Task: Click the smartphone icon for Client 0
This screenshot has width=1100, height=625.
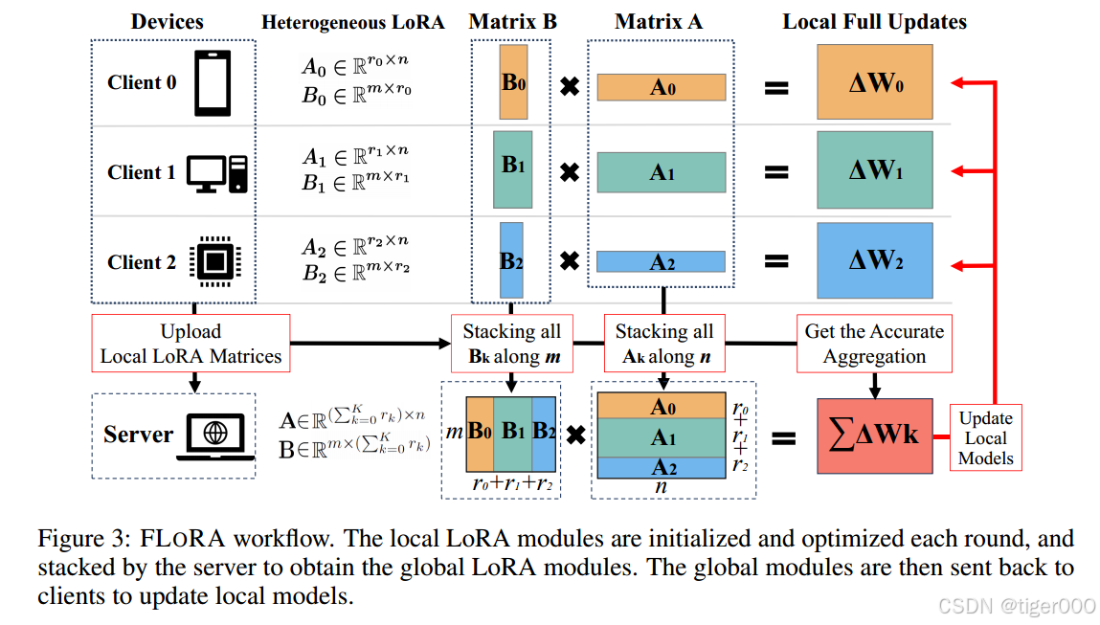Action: [213, 83]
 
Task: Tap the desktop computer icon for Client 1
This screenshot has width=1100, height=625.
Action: [216, 173]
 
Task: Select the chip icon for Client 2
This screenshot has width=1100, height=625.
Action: [215, 261]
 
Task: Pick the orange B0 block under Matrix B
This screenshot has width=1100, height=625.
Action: [513, 82]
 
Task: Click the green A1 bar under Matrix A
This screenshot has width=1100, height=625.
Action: [661, 173]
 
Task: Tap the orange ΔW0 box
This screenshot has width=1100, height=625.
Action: [874, 82]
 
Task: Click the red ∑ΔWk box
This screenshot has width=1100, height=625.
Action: [874, 435]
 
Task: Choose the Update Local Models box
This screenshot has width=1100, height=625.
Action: [985, 437]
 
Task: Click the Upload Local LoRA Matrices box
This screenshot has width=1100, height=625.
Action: [191, 344]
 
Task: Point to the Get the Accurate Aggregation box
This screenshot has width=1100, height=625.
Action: [874, 344]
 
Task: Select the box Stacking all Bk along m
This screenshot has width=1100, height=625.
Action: [511, 344]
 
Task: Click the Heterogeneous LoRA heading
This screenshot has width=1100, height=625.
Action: [352, 22]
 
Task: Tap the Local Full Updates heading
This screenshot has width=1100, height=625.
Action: [874, 22]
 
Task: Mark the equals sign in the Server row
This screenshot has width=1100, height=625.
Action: [782, 438]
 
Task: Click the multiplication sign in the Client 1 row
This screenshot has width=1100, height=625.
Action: [569, 173]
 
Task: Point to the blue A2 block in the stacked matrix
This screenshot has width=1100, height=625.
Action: [661, 468]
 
